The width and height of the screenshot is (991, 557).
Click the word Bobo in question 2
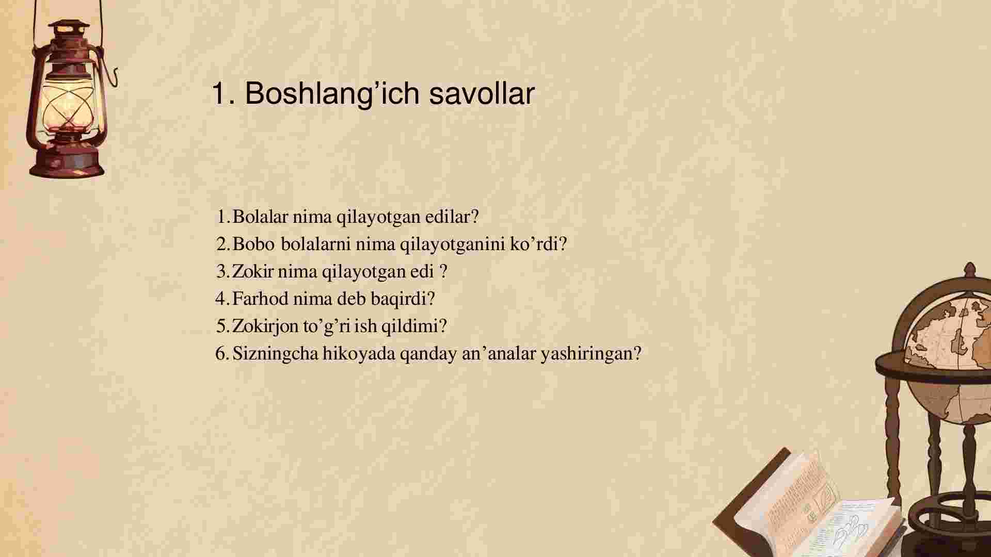pos(253,244)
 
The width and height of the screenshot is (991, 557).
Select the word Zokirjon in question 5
pos(265,326)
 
